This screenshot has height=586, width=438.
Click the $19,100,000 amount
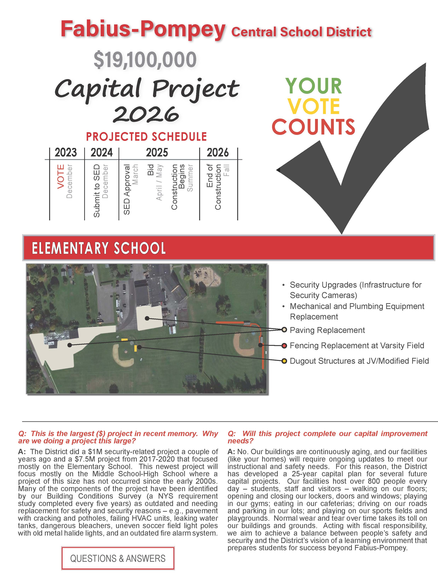pos(145,60)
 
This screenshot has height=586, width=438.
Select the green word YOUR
pos(313,86)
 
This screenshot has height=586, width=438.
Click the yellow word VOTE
pos(313,106)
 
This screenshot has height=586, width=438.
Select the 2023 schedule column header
pos(66,153)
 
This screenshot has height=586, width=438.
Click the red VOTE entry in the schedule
pos(61,176)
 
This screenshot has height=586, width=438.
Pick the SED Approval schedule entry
pos(127,189)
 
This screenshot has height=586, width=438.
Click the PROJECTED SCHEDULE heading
pos(146,137)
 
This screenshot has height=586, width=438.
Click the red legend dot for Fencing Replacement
pos(284,345)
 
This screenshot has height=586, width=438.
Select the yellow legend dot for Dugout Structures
pos(284,361)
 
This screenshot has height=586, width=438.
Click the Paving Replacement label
pos(327,330)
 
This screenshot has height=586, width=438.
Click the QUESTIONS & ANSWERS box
pos(118,558)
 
